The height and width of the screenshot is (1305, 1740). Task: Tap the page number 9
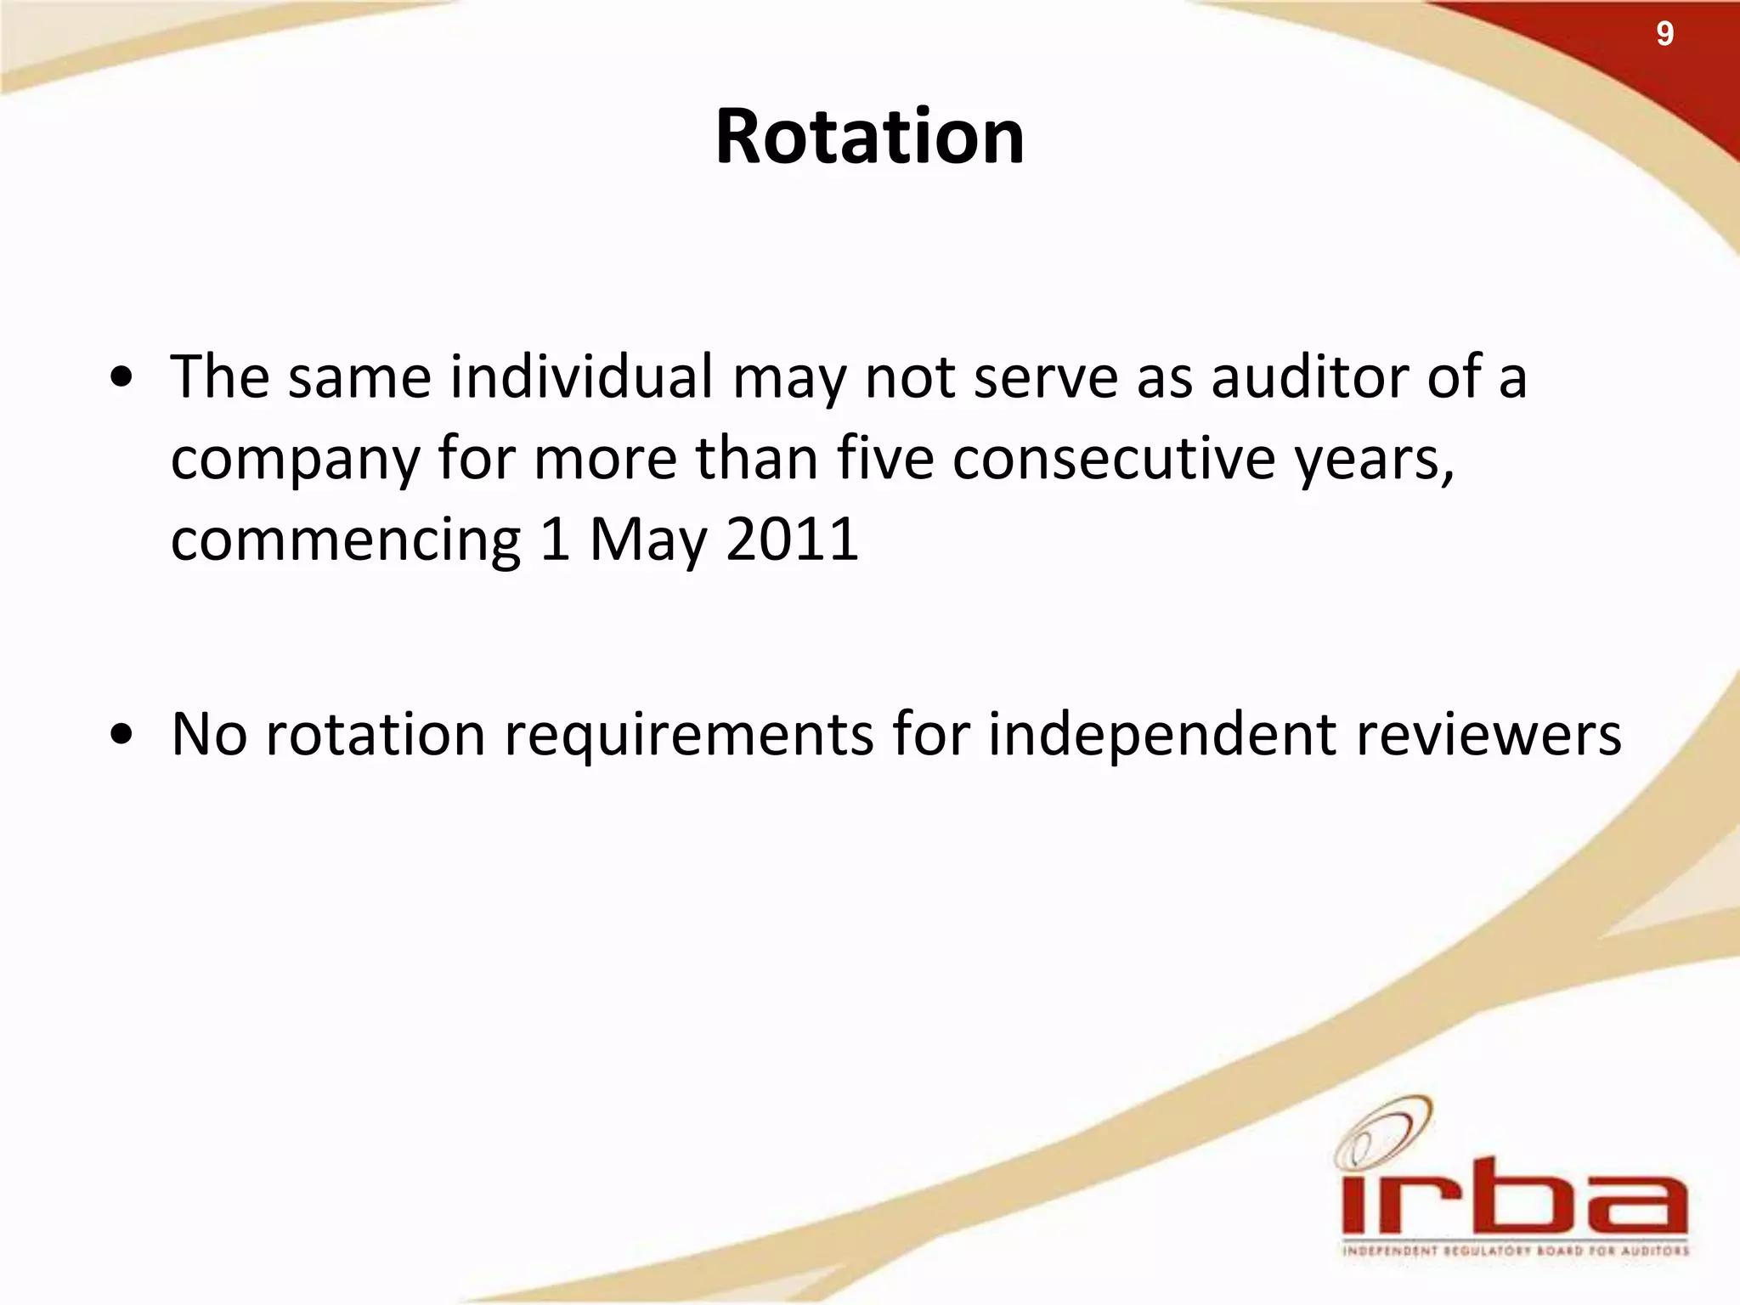click(x=1664, y=34)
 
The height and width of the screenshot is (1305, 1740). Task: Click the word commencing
click(x=345, y=540)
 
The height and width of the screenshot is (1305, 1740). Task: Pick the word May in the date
click(x=647, y=540)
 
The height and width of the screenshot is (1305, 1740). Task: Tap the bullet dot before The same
click(x=124, y=379)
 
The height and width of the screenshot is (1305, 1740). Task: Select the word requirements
click(x=688, y=734)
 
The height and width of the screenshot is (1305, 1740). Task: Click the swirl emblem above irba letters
click(x=1381, y=1131)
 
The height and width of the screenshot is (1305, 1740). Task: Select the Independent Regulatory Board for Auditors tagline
click(x=1515, y=1251)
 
